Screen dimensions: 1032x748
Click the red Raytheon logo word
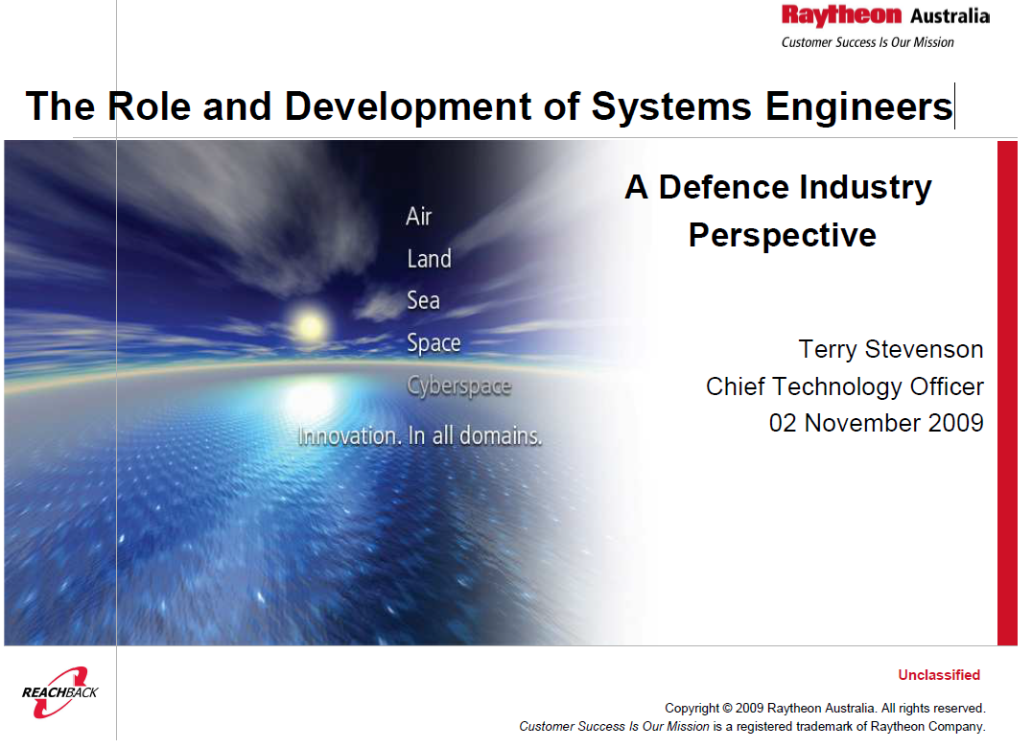[x=841, y=15]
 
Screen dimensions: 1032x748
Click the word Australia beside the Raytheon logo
[x=950, y=15]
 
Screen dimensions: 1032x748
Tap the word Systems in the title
[x=671, y=105]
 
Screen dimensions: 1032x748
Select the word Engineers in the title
[x=859, y=107]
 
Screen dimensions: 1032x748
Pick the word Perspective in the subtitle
[x=783, y=236]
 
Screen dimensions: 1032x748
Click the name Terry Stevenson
[x=890, y=349]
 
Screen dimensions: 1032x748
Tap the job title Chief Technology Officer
[x=844, y=386]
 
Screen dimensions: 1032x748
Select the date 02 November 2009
[x=876, y=423]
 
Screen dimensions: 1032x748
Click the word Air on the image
[x=418, y=217]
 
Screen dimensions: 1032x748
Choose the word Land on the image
[x=429, y=259]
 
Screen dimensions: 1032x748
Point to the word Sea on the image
[x=423, y=301]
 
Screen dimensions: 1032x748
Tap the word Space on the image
[x=434, y=343]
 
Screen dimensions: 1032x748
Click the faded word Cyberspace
[x=458, y=386]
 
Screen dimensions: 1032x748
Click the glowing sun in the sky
[x=310, y=325]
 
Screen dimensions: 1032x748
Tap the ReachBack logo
[x=59, y=692]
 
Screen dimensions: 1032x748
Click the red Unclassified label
[x=939, y=675]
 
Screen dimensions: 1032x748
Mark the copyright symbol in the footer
[x=727, y=709]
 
